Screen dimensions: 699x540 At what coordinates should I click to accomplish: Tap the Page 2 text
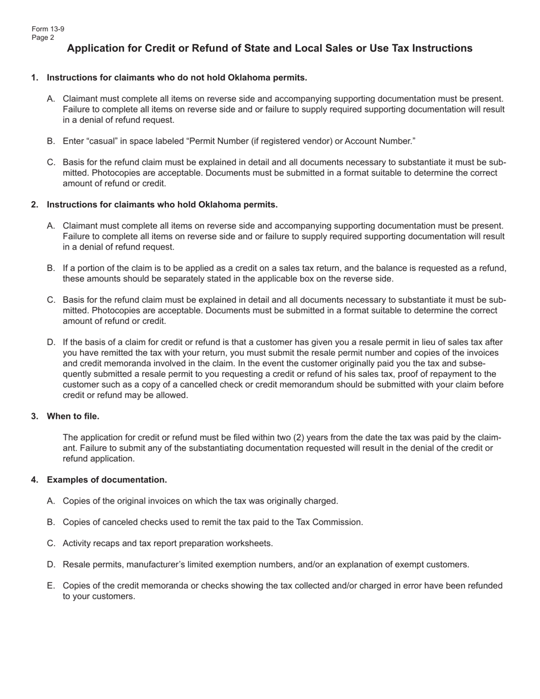43,38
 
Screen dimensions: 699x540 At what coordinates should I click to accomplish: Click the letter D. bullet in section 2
51,342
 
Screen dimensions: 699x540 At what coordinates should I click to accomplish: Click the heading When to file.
73,416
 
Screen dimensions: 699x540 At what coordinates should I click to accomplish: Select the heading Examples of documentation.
107,480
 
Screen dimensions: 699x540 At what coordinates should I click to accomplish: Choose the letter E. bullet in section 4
51,585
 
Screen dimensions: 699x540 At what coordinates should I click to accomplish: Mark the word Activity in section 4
78,543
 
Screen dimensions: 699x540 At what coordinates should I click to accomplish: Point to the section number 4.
35,480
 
